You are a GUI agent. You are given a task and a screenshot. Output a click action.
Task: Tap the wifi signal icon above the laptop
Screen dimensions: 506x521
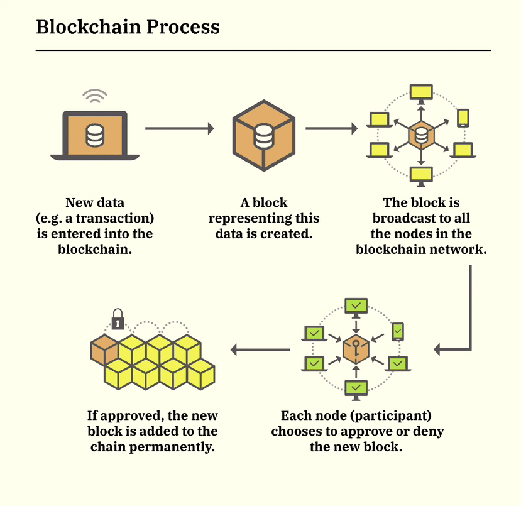click(x=95, y=96)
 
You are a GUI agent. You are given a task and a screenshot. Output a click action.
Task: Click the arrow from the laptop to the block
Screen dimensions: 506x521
click(x=180, y=129)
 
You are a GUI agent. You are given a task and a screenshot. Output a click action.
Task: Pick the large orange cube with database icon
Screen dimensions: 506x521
click(x=263, y=135)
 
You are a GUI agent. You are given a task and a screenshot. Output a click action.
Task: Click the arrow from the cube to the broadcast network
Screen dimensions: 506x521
click(x=331, y=129)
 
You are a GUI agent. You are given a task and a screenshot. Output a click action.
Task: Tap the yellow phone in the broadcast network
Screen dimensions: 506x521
click(x=463, y=118)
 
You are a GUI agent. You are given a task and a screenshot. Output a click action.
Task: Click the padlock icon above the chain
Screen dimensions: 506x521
click(x=118, y=320)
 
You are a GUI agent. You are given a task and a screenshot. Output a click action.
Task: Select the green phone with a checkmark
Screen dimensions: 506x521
click(x=398, y=331)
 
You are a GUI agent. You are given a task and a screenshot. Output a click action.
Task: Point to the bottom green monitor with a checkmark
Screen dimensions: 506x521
click(x=356, y=388)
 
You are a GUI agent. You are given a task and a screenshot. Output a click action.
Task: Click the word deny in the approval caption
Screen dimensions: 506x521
click(x=431, y=431)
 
